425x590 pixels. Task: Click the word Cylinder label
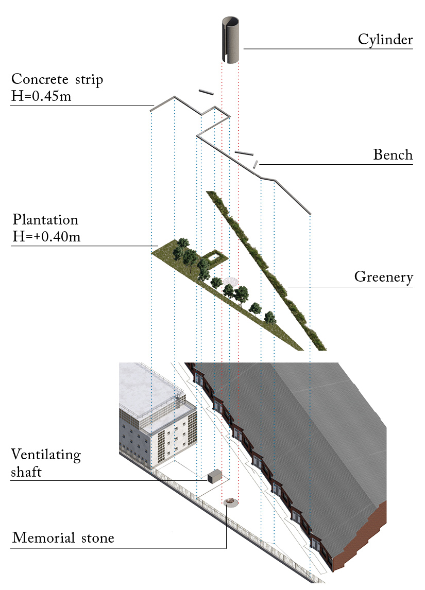tap(385, 40)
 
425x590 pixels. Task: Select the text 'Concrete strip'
tap(57, 80)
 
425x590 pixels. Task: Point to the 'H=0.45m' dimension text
tap(41, 96)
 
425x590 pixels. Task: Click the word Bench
tap(393, 155)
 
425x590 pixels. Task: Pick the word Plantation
tap(45, 220)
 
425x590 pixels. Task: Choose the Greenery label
tap(384, 277)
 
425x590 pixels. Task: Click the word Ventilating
tap(46, 455)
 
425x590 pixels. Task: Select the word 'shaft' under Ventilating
tap(27, 472)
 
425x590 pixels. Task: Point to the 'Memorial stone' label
tap(63, 539)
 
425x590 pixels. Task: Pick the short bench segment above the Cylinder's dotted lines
tap(206, 92)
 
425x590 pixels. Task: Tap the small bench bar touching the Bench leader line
tap(255, 164)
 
